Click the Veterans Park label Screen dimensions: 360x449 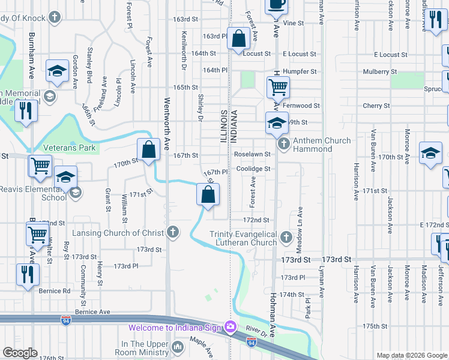tap(70, 147)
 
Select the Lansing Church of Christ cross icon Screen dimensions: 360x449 tap(173, 232)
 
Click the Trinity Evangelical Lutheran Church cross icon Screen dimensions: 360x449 tap(286, 239)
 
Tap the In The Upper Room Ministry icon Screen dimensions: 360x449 tap(178, 347)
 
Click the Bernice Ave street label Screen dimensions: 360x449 tap(92, 312)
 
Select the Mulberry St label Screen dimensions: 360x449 tap(382, 72)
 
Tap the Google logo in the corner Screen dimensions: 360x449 tap(19, 353)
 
